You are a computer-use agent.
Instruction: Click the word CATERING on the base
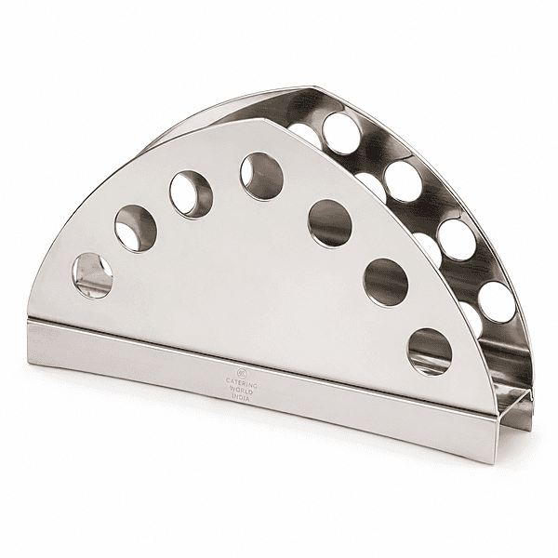[242, 383]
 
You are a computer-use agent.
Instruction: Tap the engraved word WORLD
[242, 390]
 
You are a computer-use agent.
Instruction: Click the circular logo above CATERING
[242, 373]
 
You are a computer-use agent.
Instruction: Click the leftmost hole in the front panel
[92, 275]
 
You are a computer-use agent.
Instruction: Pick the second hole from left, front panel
[136, 229]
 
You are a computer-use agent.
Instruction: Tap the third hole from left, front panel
[191, 194]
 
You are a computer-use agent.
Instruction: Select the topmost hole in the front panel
[262, 176]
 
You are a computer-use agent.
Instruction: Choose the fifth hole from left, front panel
[330, 223]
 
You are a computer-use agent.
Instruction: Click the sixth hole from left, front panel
[386, 282]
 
